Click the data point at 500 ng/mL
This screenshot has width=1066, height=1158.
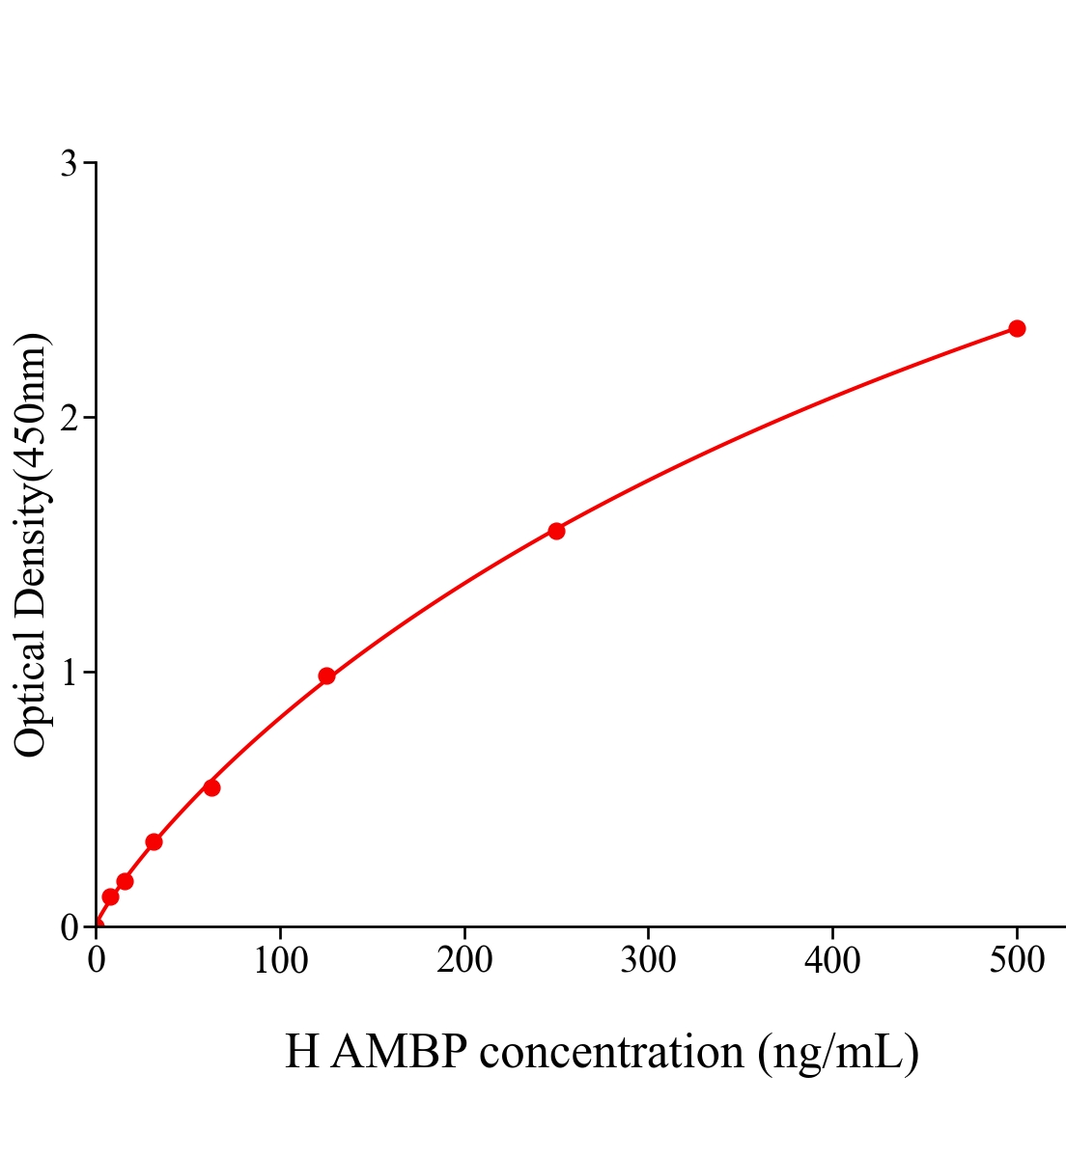[1017, 329]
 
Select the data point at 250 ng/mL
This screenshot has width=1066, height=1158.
[556, 531]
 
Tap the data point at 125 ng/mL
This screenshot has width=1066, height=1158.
[326, 675]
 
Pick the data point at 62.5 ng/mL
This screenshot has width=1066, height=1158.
[211, 787]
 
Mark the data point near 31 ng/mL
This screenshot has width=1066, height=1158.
[154, 841]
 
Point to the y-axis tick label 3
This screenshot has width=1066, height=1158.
[70, 164]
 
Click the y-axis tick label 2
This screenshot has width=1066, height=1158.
[70, 418]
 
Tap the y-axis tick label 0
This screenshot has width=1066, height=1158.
[70, 927]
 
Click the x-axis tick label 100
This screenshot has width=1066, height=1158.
[280, 960]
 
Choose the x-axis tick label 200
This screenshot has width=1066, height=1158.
[464, 960]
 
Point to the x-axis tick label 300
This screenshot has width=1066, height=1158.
[648, 960]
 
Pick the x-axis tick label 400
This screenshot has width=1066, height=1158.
[832, 960]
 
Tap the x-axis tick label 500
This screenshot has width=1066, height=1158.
[1017, 960]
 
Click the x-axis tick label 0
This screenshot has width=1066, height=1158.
[97, 960]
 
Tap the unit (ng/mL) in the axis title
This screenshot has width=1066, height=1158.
[838, 1052]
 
